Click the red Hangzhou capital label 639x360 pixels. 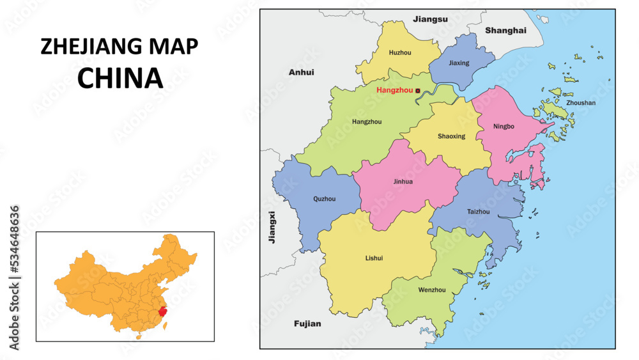click(x=394, y=90)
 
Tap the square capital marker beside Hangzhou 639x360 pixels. click(x=418, y=91)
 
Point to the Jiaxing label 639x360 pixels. click(x=459, y=63)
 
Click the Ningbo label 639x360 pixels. click(x=504, y=126)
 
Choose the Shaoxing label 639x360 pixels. click(x=451, y=136)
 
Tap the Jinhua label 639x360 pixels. click(x=403, y=182)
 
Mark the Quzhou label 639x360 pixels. click(x=324, y=199)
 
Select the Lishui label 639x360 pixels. click(x=374, y=258)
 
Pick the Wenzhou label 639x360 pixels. click(x=431, y=290)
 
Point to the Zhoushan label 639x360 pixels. click(x=581, y=102)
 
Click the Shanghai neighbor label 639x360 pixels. click(x=505, y=30)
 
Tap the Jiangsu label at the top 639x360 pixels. click(x=430, y=19)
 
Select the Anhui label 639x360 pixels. click(x=301, y=72)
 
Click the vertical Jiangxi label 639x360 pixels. click(x=272, y=227)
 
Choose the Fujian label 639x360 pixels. click(x=307, y=324)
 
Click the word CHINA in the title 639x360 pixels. click(x=119, y=77)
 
